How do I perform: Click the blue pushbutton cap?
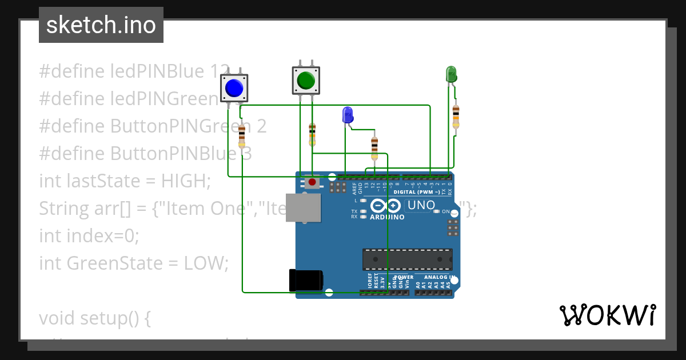coord(234,88)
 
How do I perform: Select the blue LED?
coord(348,115)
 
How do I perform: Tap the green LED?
coord(450,74)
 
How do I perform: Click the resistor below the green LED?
coord(456,117)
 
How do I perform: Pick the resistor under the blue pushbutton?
coord(242,137)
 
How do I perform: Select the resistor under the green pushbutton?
coord(312,135)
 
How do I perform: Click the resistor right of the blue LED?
coord(374,148)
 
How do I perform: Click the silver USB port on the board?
coord(303,207)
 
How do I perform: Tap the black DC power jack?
coord(306,280)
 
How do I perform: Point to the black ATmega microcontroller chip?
coord(407,259)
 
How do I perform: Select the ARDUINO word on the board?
coord(387,218)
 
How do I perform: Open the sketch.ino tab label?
coord(101,25)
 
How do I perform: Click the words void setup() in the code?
coord(95,318)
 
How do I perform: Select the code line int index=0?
coord(89,235)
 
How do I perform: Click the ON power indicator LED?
coord(437,211)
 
